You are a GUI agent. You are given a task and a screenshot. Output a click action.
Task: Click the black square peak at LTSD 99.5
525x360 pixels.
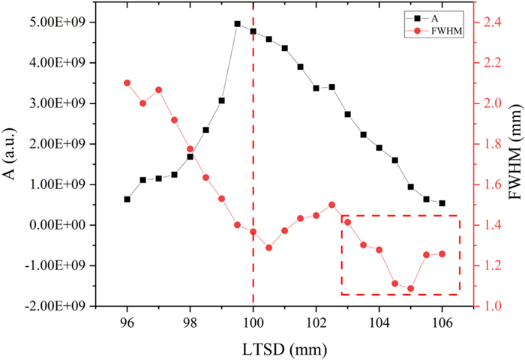point(237,24)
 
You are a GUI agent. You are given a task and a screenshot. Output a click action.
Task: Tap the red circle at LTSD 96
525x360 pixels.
point(127,82)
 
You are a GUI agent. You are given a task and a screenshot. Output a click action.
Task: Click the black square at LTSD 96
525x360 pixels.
point(127,199)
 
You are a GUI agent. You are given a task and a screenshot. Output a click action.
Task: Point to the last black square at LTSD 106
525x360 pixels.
point(442,203)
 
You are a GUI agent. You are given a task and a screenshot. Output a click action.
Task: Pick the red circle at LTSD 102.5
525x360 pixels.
point(331,205)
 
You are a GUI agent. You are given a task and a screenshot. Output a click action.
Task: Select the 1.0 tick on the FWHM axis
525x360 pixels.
point(487,305)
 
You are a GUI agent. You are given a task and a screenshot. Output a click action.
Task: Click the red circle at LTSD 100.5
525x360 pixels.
point(268,247)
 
